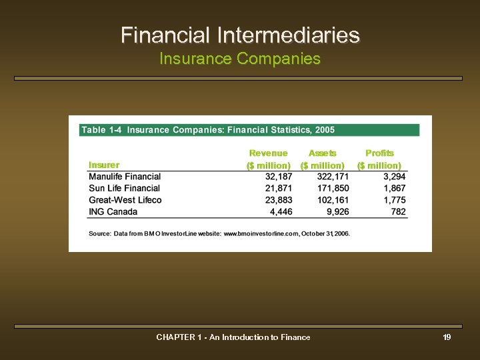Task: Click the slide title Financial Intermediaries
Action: tap(240, 35)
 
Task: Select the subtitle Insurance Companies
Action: tap(240, 59)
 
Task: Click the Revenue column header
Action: tap(268, 153)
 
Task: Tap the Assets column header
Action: tap(323, 153)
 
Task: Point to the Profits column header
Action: tap(379, 153)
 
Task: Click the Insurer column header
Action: tap(104, 165)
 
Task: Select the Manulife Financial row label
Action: tap(125, 177)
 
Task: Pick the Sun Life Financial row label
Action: tap(124, 189)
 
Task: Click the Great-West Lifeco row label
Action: tap(125, 200)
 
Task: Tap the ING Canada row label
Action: tap(113, 212)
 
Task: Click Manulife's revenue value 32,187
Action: tap(279, 177)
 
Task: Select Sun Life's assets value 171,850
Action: tap(333, 189)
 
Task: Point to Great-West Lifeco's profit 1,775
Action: tap(395, 200)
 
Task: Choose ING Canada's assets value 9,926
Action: tap(337, 212)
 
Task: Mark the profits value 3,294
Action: tap(395, 177)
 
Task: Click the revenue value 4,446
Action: tap(281, 212)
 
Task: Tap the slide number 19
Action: tap(447, 337)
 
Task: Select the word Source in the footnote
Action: tap(99, 234)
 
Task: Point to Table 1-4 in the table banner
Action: tap(101, 130)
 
